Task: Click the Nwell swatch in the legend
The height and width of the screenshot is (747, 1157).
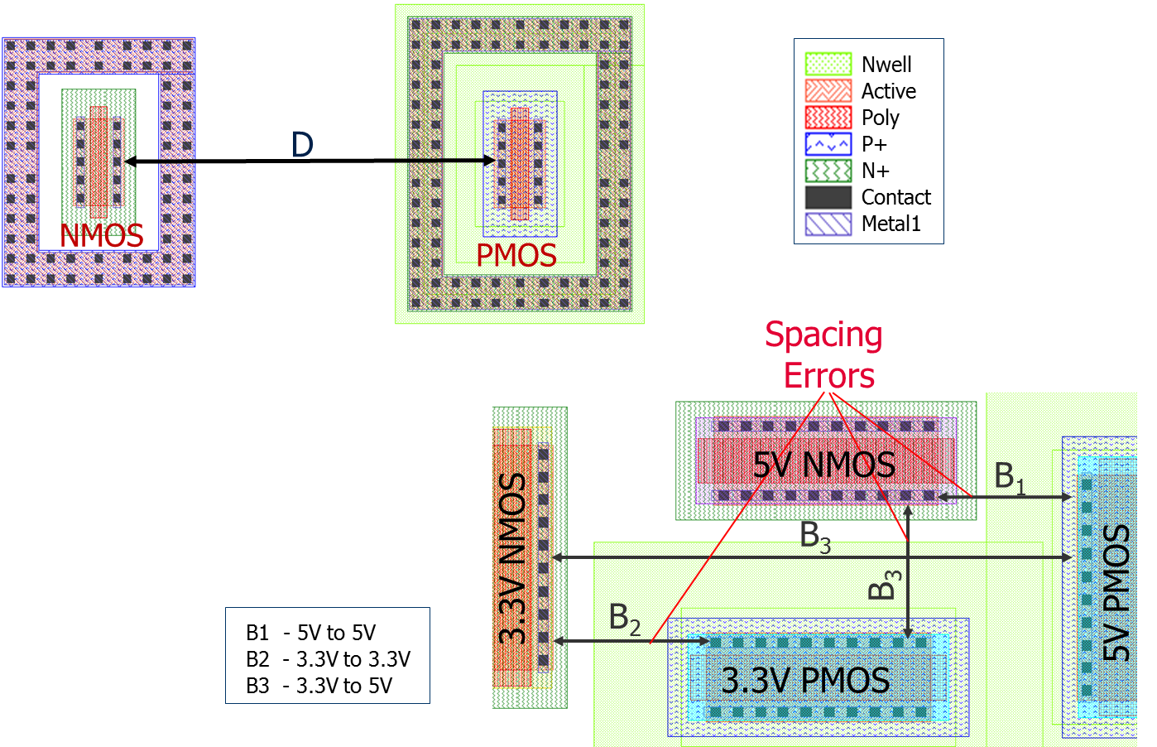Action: point(828,65)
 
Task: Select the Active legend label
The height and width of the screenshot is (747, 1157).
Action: point(888,91)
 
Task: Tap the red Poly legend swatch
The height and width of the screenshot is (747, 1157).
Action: point(828,118)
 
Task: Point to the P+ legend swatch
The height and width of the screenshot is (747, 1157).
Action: point(828,144)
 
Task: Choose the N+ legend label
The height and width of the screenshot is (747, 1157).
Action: point(875,171)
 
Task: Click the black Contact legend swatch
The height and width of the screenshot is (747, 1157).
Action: point(828,197)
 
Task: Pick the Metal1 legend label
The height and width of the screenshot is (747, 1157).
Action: point(891,224)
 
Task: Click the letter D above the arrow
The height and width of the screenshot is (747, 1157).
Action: point(302,145)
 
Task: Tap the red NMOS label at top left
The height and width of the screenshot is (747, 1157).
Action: point(102,236)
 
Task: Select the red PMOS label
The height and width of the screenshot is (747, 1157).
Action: point(516,256)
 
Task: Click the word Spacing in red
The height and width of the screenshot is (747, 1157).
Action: point(823,335)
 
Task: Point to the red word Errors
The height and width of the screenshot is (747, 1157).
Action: point(829,375)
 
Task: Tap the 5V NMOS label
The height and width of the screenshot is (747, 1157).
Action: point(823,465)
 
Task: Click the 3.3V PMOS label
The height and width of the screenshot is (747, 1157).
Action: point(805,680)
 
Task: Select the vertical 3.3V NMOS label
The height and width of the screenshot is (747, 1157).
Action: point(513,559)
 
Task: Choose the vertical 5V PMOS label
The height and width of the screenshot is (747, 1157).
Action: point(1116,592)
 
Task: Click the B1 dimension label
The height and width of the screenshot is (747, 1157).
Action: point(1009,477)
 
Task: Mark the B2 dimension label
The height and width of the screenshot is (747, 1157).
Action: point(624,619)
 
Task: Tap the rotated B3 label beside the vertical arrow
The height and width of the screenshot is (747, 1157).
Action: point(884,584)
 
